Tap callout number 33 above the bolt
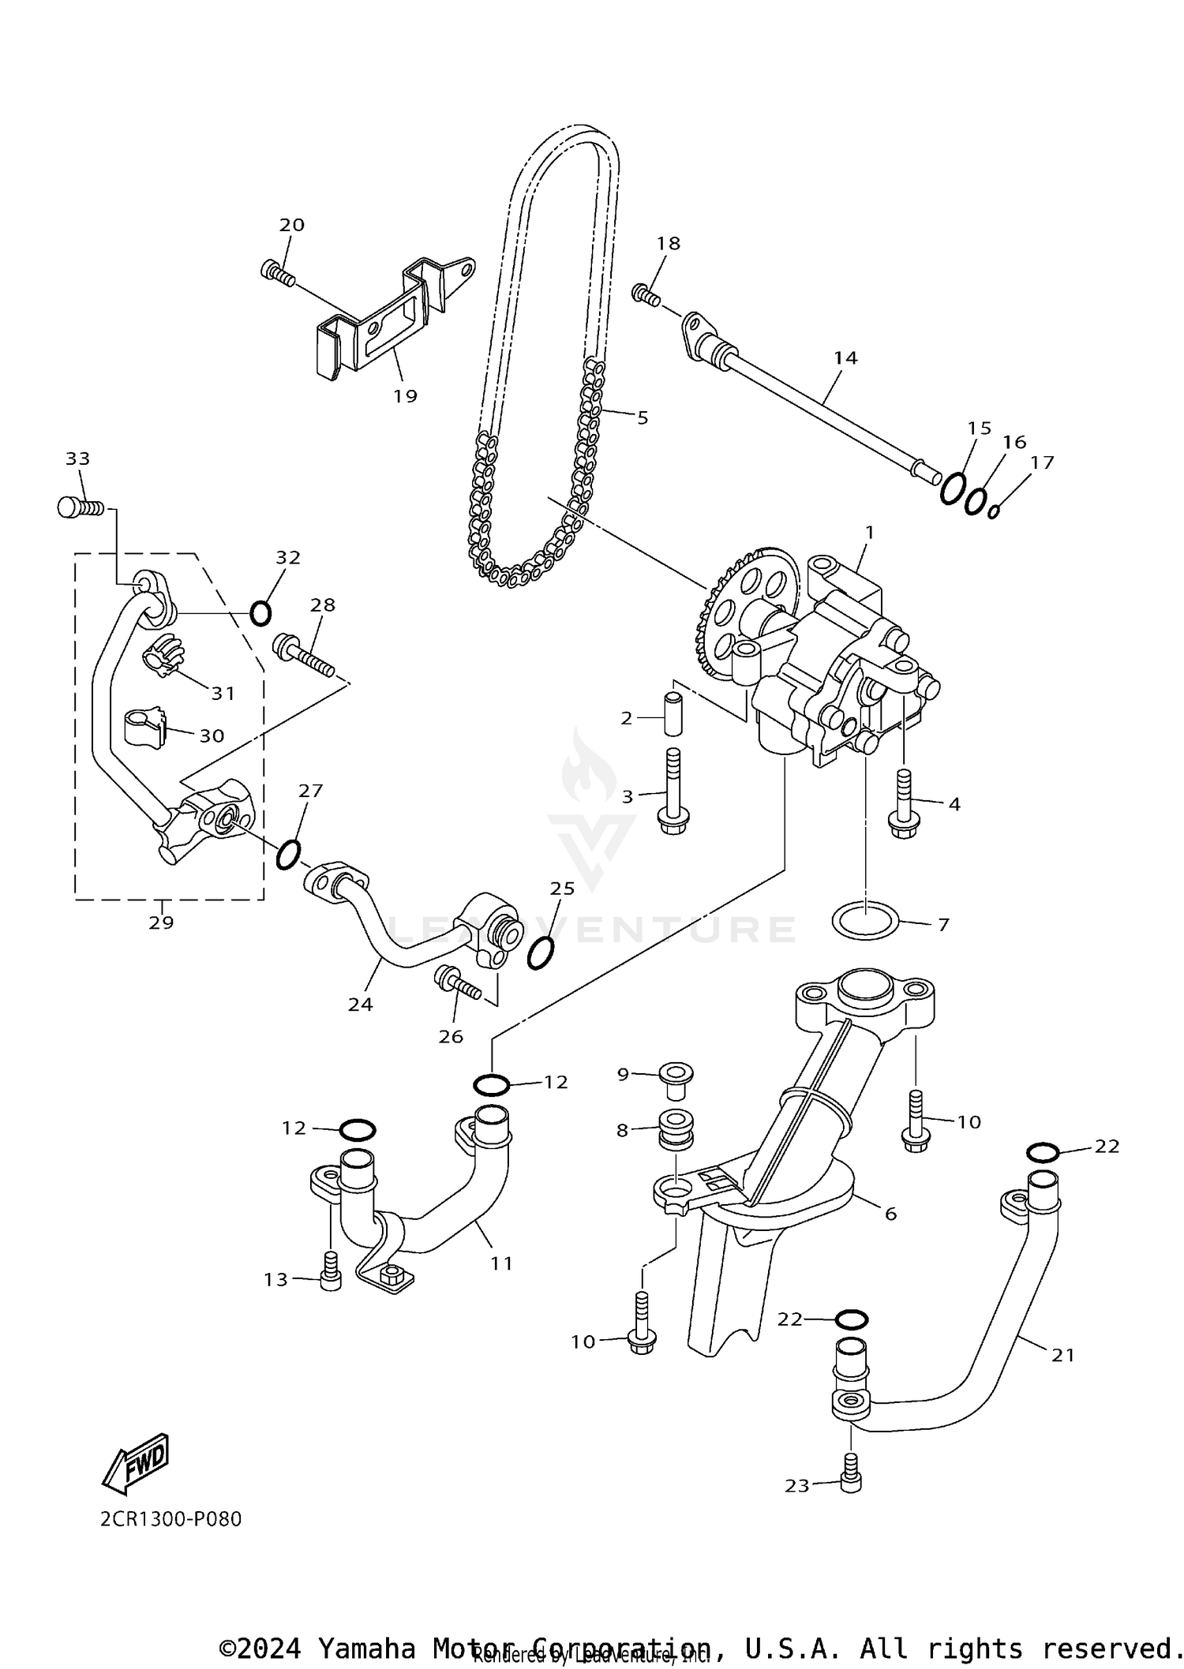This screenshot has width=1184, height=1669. [x=77, y=458]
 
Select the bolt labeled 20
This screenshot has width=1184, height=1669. [x=277, y=274]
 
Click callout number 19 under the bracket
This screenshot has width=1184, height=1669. [x=405, y=396]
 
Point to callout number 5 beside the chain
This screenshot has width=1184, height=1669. [x=643, y=417]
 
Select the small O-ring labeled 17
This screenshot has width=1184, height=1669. [x=995, y=511]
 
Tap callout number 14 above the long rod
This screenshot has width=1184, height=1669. [x=845, y=357]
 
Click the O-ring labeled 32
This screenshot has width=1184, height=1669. [x=260, y=612]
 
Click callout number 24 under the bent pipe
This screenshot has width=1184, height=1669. [x=361, y=1005]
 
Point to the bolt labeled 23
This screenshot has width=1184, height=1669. [x=850, y=1482]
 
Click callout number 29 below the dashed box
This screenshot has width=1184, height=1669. [x=161, y=922]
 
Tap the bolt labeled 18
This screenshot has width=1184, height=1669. [x=645, y=295]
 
